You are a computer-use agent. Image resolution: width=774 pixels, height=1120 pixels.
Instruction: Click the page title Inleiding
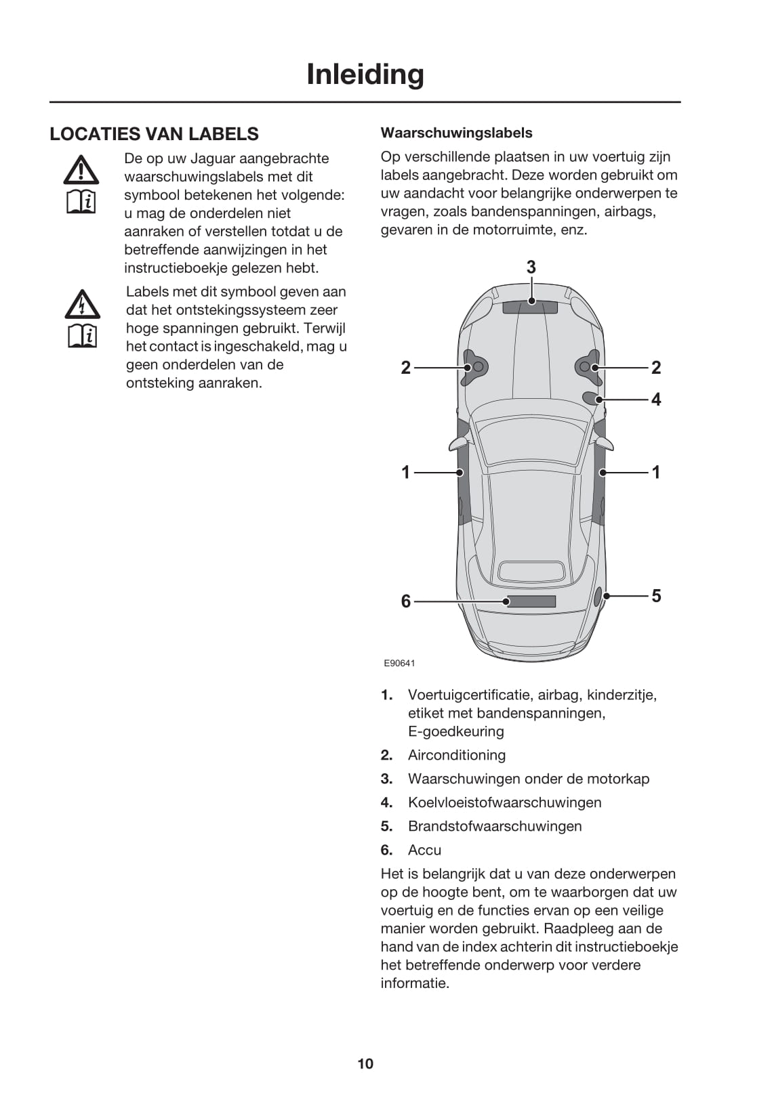point(365,74)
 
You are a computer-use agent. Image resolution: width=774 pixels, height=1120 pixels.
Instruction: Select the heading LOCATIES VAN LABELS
point(154,134)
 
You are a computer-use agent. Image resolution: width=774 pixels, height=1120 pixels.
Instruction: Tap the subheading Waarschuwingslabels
point(456,133)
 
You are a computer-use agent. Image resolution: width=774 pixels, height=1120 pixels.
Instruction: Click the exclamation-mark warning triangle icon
point(81,171)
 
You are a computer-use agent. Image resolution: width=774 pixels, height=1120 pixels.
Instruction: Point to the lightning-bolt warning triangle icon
point(82,305)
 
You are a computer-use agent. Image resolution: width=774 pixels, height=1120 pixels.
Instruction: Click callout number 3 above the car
point(531,267)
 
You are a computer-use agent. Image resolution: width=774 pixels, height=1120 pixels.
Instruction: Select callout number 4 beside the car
point(656,400)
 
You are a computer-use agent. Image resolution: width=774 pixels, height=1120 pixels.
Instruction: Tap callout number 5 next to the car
point(656,596)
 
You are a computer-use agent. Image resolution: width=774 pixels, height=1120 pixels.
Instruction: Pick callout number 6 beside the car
point(406,601)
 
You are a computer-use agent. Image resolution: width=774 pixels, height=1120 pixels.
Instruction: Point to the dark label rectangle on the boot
point(532,601)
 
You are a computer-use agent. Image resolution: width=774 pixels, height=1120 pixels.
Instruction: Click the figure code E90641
point(399,664)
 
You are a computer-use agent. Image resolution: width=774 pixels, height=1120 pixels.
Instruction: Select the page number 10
point(365,1064)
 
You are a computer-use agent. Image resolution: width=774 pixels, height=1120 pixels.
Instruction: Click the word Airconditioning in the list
point(456,755)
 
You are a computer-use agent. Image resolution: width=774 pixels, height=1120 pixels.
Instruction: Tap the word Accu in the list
point(424,850)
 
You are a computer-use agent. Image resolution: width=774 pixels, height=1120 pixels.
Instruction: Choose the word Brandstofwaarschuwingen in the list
point(495,826)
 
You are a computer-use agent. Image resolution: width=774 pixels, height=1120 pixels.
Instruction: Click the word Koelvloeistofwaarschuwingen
point(504,802)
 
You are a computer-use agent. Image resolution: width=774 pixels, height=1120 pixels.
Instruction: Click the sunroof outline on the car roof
point(531,572)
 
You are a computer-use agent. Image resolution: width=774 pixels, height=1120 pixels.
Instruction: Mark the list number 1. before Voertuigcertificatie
point(386,695)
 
